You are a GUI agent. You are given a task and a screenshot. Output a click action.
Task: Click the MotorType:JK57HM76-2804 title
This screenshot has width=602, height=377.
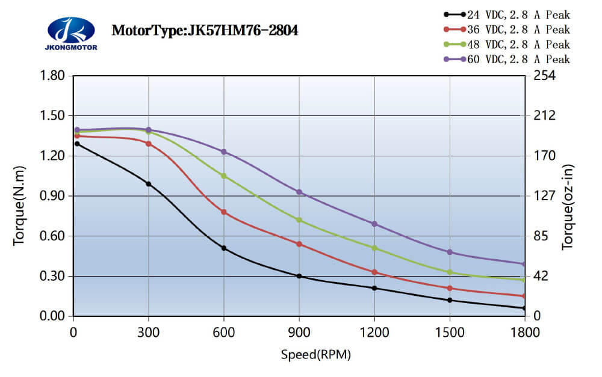point(205,30)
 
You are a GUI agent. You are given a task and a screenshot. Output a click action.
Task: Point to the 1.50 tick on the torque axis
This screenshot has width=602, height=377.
point(53,116)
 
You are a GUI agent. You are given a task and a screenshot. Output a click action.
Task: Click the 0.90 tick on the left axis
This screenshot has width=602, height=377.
point(53,196)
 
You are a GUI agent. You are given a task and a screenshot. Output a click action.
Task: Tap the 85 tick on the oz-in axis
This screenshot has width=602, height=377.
point(540,236)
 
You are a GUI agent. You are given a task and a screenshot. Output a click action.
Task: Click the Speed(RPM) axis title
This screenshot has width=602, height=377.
point(315,355)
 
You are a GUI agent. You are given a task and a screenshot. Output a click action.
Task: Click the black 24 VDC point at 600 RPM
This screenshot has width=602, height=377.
point(224,248)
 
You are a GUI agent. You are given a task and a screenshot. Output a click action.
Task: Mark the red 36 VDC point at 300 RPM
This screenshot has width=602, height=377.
point(149,144)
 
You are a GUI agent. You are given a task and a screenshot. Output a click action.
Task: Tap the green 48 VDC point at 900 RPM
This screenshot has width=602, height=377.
point(299,220)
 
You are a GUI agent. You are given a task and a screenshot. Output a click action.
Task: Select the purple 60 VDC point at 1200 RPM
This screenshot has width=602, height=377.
point(374,224)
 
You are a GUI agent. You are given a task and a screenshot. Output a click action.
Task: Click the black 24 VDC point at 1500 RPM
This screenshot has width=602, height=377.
point(450,300)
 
